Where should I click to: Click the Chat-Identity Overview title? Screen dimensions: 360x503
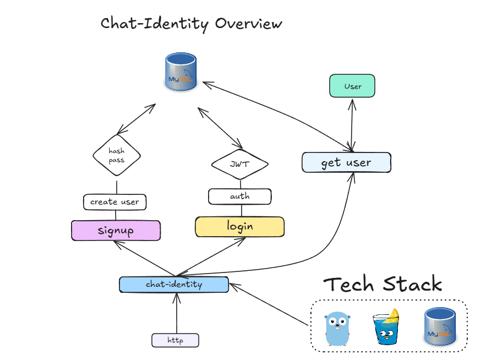click(x=192, y=24)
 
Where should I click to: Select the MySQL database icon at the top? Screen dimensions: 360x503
click(x=181, y=72)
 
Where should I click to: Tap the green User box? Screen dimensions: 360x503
click(x=352, y=86)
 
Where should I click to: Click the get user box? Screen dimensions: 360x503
click(x=346, y=163)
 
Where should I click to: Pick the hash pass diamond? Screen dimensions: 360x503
click(x=116, y=155)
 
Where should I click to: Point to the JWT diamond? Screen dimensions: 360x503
click(x=239, y=164)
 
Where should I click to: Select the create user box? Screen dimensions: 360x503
click(x=114, y=202)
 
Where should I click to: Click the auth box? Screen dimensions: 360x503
click(x=239, y=196)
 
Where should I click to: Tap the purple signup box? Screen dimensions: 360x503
click(x=116, y=230)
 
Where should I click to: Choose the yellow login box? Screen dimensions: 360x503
click(x=240, y=226)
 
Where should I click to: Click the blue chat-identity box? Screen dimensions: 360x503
click(x=173, y=285)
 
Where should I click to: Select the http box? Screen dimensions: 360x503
click(x=175, y=340)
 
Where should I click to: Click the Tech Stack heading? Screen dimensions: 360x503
click(x=382, y=285)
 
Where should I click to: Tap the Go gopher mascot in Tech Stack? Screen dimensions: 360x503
click(x=337, y=329)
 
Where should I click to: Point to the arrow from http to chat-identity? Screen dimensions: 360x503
click(x=176, y=314)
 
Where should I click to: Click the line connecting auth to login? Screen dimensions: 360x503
click(x=240, y=210)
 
